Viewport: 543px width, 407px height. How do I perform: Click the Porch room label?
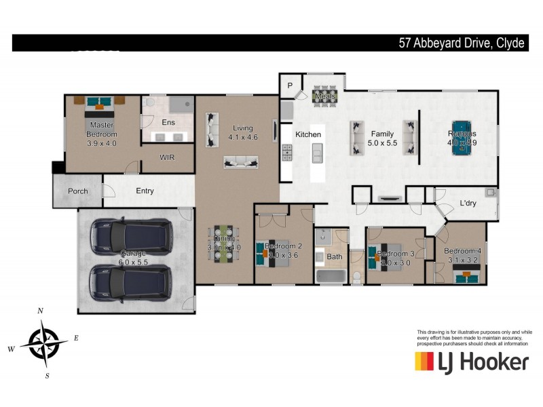[78, 191]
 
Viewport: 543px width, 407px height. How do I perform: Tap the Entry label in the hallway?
[145, 191]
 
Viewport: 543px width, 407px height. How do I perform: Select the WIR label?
[168, 157]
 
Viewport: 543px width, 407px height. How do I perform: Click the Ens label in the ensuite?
[168, 123]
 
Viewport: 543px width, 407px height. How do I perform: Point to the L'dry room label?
[467, 203]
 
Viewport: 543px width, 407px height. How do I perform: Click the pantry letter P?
[289, 85]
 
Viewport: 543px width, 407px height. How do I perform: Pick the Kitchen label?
[307, 135]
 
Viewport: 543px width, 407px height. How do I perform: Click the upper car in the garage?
[132, 235]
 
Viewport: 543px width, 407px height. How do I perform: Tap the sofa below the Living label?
[240, 162]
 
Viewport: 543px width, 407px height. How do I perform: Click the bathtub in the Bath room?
[331, 276]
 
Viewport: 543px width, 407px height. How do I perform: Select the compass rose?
[43, 343]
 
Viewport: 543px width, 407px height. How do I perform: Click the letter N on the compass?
[41, 311]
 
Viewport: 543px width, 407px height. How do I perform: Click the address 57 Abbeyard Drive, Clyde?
[461, 43]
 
